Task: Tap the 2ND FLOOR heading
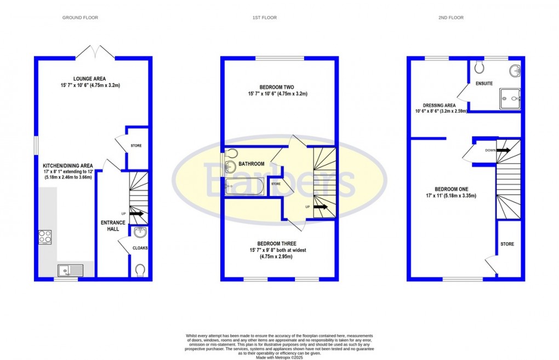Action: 450,18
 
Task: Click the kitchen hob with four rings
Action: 45,237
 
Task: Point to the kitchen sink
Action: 69,270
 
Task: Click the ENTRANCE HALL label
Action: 113,226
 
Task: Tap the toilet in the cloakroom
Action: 140,270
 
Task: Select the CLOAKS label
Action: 140,248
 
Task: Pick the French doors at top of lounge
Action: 95,53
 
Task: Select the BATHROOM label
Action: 251,164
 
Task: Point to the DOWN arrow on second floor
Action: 503,150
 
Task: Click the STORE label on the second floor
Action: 507,244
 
